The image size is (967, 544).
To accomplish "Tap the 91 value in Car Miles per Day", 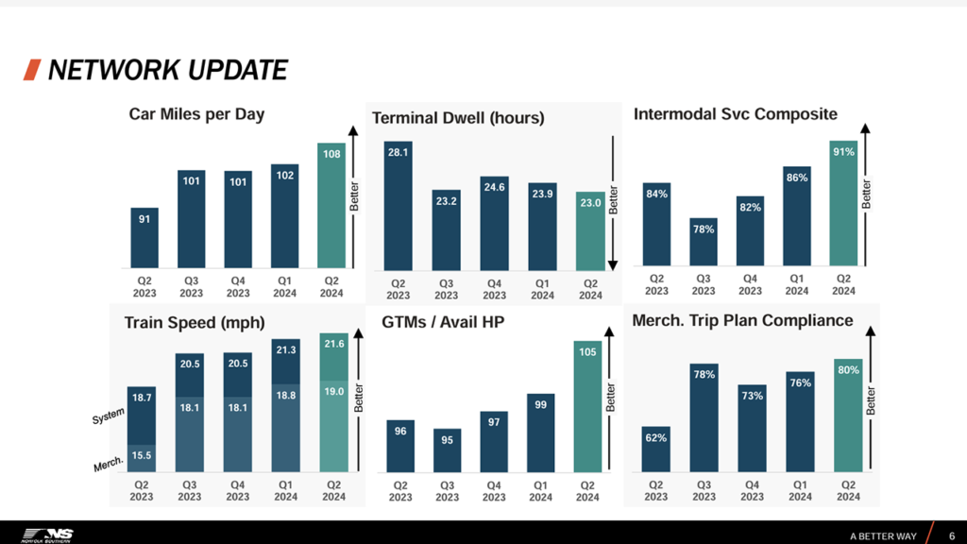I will point(144,219).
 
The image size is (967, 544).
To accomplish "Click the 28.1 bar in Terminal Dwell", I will point(399,207).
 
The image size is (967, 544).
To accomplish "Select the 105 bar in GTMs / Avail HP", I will point(588,406).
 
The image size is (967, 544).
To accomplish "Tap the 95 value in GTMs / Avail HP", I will point(446,439).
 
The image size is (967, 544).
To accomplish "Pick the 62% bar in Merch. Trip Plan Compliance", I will point(655,450).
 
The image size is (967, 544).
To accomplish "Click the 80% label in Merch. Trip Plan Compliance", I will point(848,370).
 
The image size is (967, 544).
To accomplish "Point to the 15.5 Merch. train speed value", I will point(142,455).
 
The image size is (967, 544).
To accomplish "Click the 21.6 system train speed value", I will point(333,346).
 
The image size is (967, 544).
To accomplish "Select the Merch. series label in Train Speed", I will point(109,463).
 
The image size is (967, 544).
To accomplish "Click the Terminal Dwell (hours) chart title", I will point(458,118).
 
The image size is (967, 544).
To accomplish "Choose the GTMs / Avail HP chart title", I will point(442,323).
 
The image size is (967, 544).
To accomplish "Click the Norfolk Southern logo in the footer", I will point(48,535).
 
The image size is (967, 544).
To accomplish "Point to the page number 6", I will point(951,535).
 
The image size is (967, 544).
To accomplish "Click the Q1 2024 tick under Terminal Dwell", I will point(542,288).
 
